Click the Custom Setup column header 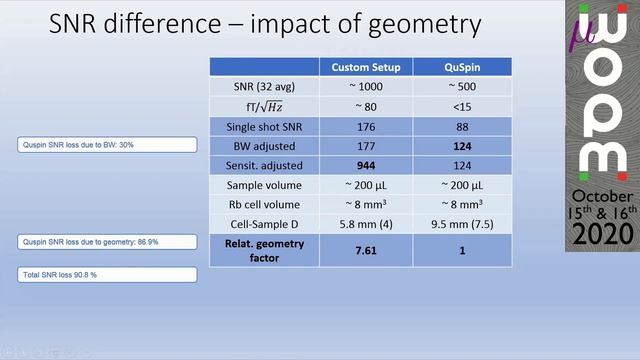(x=367, y=67)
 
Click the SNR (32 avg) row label (x=264, y=88)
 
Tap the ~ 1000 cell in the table (x=367, y=88)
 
